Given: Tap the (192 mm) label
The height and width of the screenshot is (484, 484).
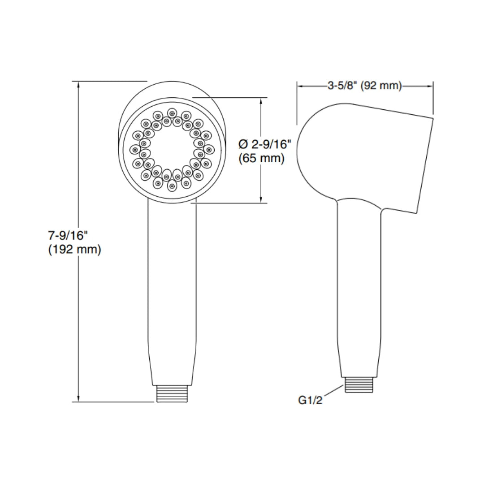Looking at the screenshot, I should [x=74, y=250].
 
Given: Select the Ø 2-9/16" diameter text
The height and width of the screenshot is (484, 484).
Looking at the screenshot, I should [x=265, y=144].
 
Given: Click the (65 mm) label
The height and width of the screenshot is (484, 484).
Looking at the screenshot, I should [x=262, y=158].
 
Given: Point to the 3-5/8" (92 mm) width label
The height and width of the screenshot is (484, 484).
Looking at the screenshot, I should [x=364, y=86].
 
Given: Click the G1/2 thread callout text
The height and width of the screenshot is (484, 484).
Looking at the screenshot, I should [x=310, y=400].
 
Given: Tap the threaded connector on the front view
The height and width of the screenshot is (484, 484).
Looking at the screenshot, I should [x=171, y=393].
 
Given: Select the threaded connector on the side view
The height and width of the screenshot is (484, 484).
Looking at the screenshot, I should [x=359, y=385].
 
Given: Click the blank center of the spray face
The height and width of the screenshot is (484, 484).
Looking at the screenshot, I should [x=171, y=149].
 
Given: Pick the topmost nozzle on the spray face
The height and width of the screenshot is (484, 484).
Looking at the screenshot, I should [x=172, y=112].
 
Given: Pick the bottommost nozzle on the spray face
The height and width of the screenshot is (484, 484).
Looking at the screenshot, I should [x=171, y=185].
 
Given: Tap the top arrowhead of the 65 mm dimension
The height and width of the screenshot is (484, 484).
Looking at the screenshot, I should [x=262, y=101].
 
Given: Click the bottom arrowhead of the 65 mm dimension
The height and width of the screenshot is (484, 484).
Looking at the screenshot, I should [x=262, y=199].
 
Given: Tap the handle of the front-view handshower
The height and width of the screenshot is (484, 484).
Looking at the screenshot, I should [x=171, y=287].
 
